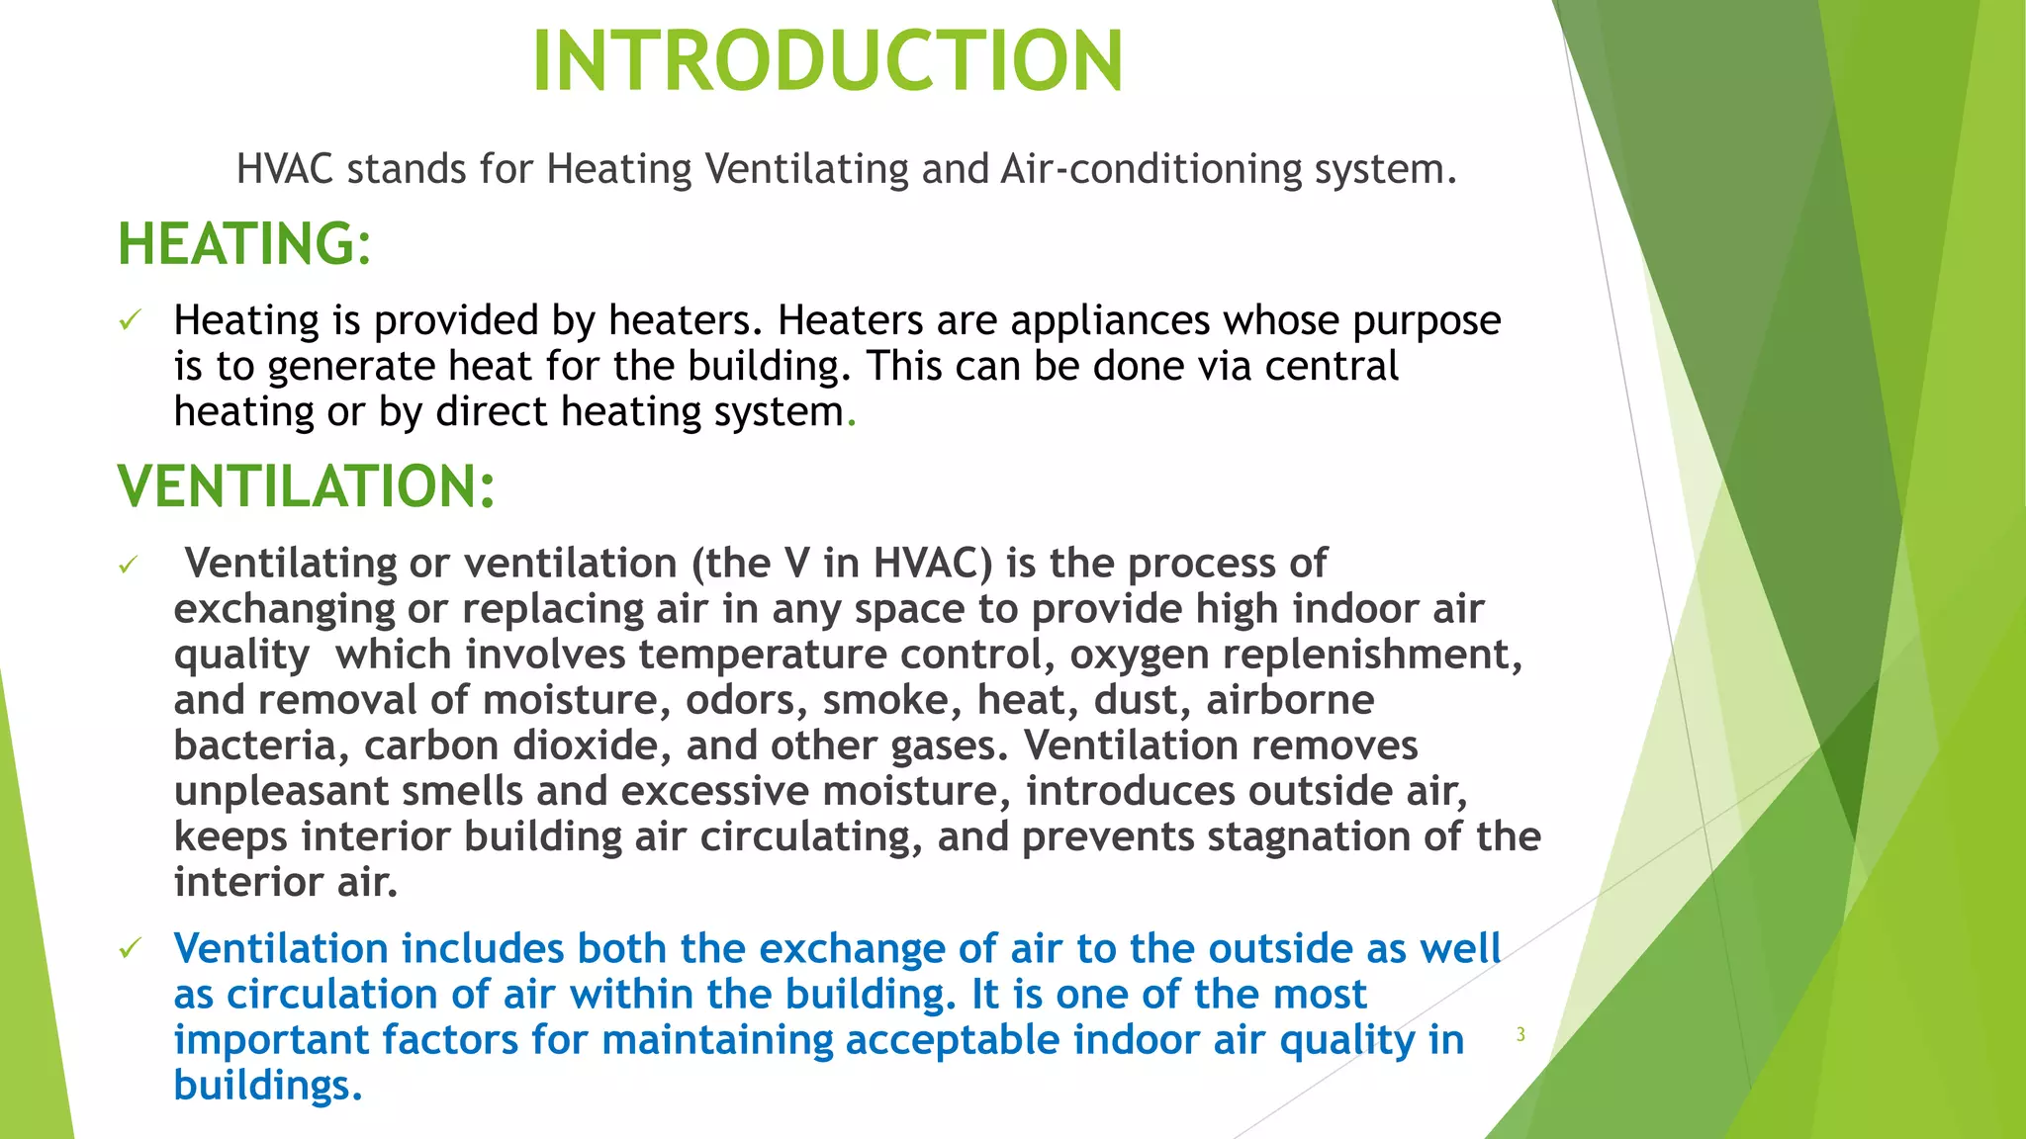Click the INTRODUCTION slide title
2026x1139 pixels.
827,61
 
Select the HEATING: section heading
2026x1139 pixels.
244,244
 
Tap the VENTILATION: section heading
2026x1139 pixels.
306,486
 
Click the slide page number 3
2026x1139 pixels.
1520,1035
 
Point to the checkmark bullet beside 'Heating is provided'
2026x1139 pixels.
130,320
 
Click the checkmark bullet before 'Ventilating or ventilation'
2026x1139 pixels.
129,565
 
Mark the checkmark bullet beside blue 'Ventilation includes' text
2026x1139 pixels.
130,949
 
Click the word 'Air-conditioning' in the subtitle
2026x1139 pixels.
1151,169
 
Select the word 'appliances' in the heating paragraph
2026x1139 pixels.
1110,320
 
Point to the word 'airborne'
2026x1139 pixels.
1290,700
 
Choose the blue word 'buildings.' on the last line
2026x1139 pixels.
268,1086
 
